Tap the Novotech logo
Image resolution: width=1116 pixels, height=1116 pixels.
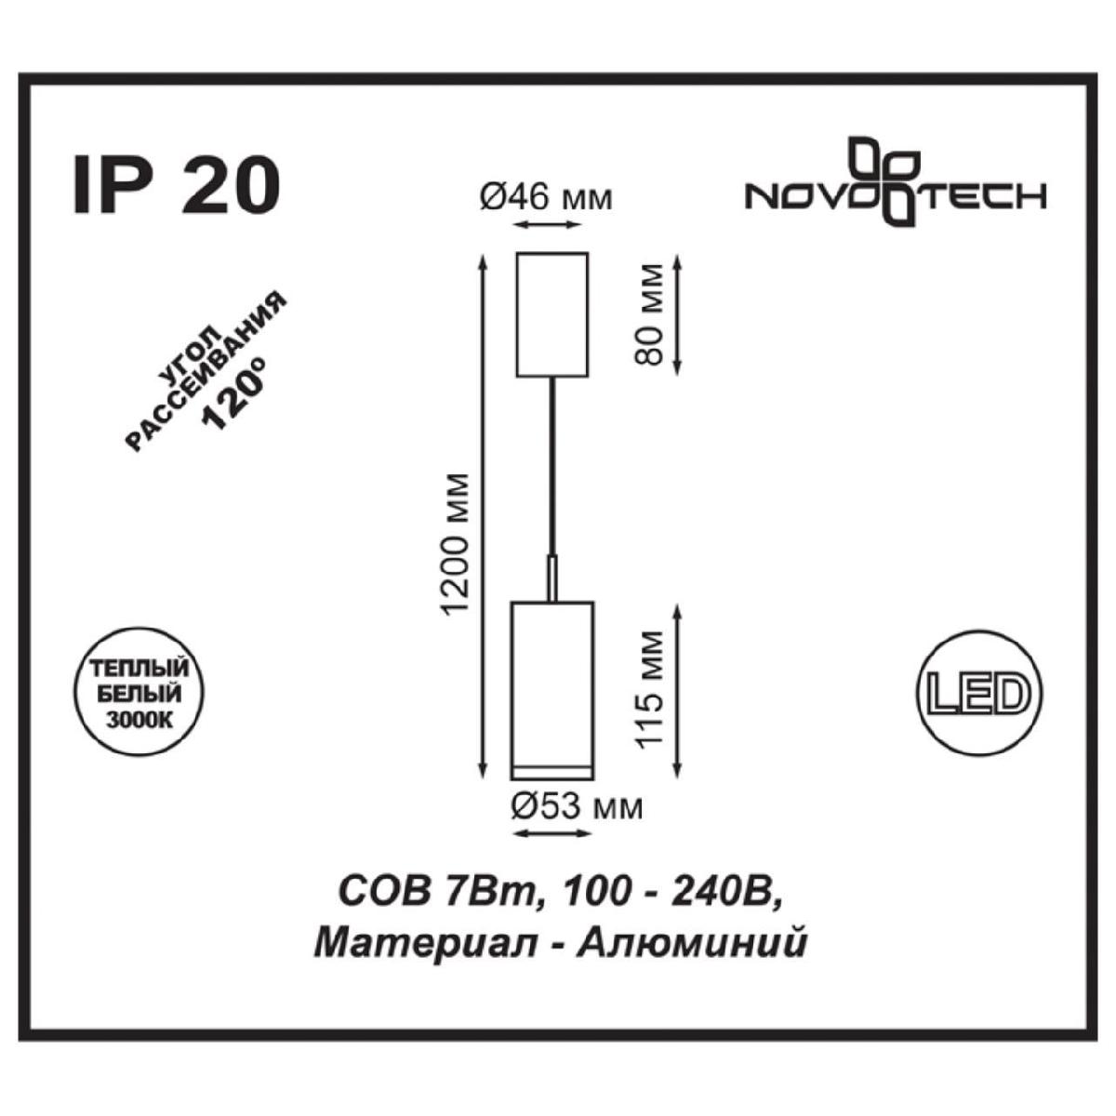897,185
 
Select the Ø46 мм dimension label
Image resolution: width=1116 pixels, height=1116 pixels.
546,197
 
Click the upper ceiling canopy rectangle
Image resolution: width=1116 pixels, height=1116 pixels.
553,313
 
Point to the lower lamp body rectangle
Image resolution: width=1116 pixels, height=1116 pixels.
552,688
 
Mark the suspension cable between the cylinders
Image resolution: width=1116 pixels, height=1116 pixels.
553,465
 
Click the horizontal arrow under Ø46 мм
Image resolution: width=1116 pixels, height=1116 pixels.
552,226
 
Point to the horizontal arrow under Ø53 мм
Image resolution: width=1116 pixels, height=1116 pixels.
552,834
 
